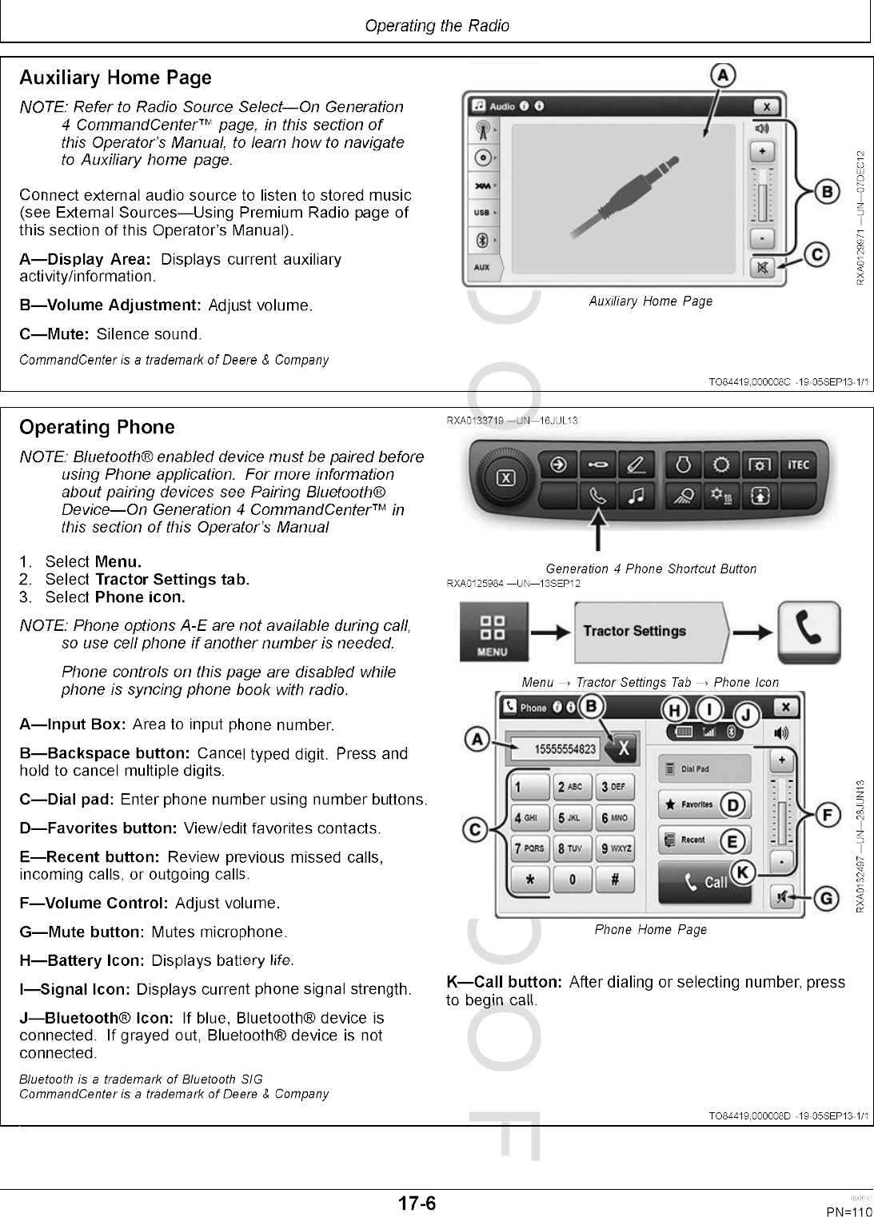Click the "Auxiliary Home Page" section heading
115,78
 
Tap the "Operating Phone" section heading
97,428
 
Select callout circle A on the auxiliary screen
722,75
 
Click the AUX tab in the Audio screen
482,267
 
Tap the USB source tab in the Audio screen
482,213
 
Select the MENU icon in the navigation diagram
491,632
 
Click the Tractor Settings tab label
635,632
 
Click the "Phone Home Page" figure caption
650,929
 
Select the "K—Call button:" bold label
504,982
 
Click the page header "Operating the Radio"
437,26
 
